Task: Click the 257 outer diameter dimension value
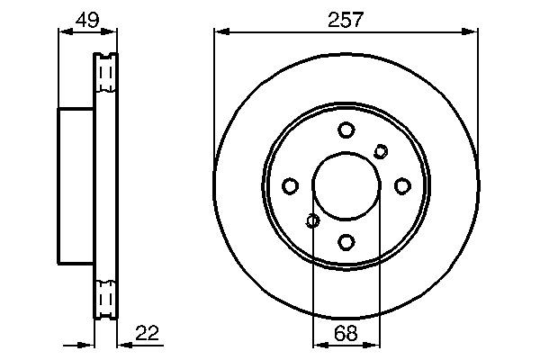346,20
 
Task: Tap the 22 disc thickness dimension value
147,334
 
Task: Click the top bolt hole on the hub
346,130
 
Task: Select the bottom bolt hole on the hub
346,241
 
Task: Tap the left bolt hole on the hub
290,185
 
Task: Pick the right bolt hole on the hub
402,185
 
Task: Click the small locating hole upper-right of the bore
381,151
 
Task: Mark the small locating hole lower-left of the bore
312,220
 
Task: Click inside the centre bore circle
346,185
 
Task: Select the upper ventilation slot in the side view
106,72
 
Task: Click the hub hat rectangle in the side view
76,185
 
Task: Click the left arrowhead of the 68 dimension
318,344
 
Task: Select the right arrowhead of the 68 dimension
375,344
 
